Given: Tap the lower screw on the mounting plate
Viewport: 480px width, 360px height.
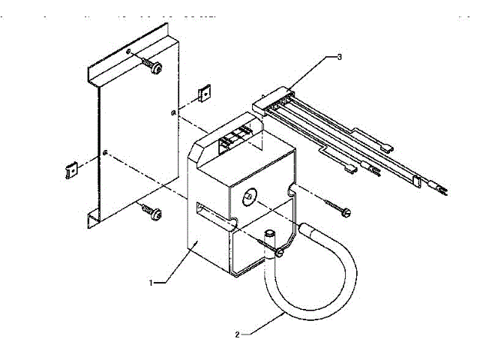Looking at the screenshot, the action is coord(155,213).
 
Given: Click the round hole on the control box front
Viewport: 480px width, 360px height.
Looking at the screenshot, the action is coord(247,195).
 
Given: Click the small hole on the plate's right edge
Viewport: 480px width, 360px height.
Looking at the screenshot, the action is coord(174,113).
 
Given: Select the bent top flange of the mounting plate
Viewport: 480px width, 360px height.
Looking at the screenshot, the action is coord(127,49).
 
